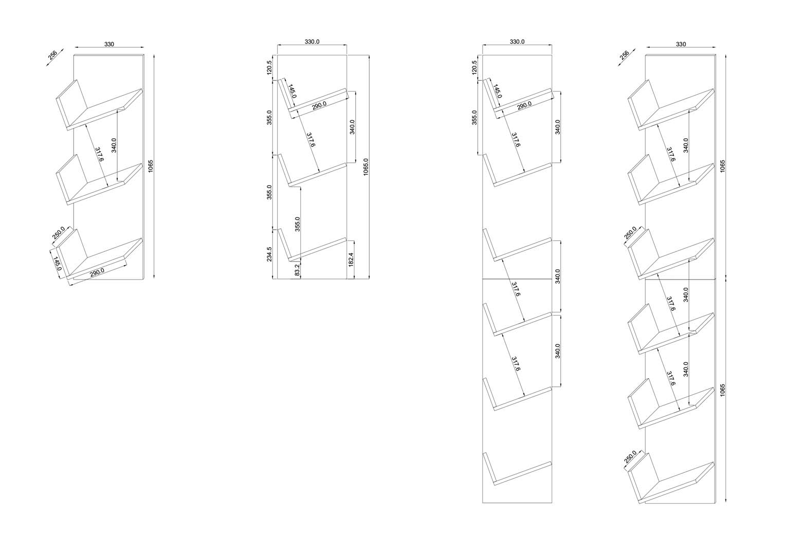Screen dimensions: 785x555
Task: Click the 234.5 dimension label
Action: click(269, 254)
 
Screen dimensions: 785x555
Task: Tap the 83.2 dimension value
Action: click(298, 271)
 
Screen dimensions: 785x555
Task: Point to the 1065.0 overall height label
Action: click(366, 167)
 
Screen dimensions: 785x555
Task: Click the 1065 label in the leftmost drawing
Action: click(151, 166)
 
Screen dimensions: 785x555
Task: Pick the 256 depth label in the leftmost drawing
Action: click(52, 55)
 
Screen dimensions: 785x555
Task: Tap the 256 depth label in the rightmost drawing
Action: click(625, 55)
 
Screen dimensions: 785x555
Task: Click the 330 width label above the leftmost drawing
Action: click(109, 44)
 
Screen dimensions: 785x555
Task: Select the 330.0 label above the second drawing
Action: click(312, 42)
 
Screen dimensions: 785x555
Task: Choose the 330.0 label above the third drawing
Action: click(517, 42)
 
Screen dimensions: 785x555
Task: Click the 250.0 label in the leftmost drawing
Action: click(59, 233)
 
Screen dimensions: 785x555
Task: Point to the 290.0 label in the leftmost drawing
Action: click(97, 272)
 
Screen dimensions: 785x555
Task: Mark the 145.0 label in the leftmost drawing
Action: click(57, 264)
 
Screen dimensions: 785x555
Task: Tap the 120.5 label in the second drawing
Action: click(269, 68)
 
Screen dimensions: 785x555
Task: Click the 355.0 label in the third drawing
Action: click(474, 117)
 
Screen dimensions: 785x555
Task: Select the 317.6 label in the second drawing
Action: click(311, 140)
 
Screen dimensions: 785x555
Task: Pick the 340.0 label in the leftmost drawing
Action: click(114, 145)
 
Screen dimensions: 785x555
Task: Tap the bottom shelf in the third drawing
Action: click(522, 473)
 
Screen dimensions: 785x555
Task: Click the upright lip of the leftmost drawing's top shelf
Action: click(71, 98)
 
